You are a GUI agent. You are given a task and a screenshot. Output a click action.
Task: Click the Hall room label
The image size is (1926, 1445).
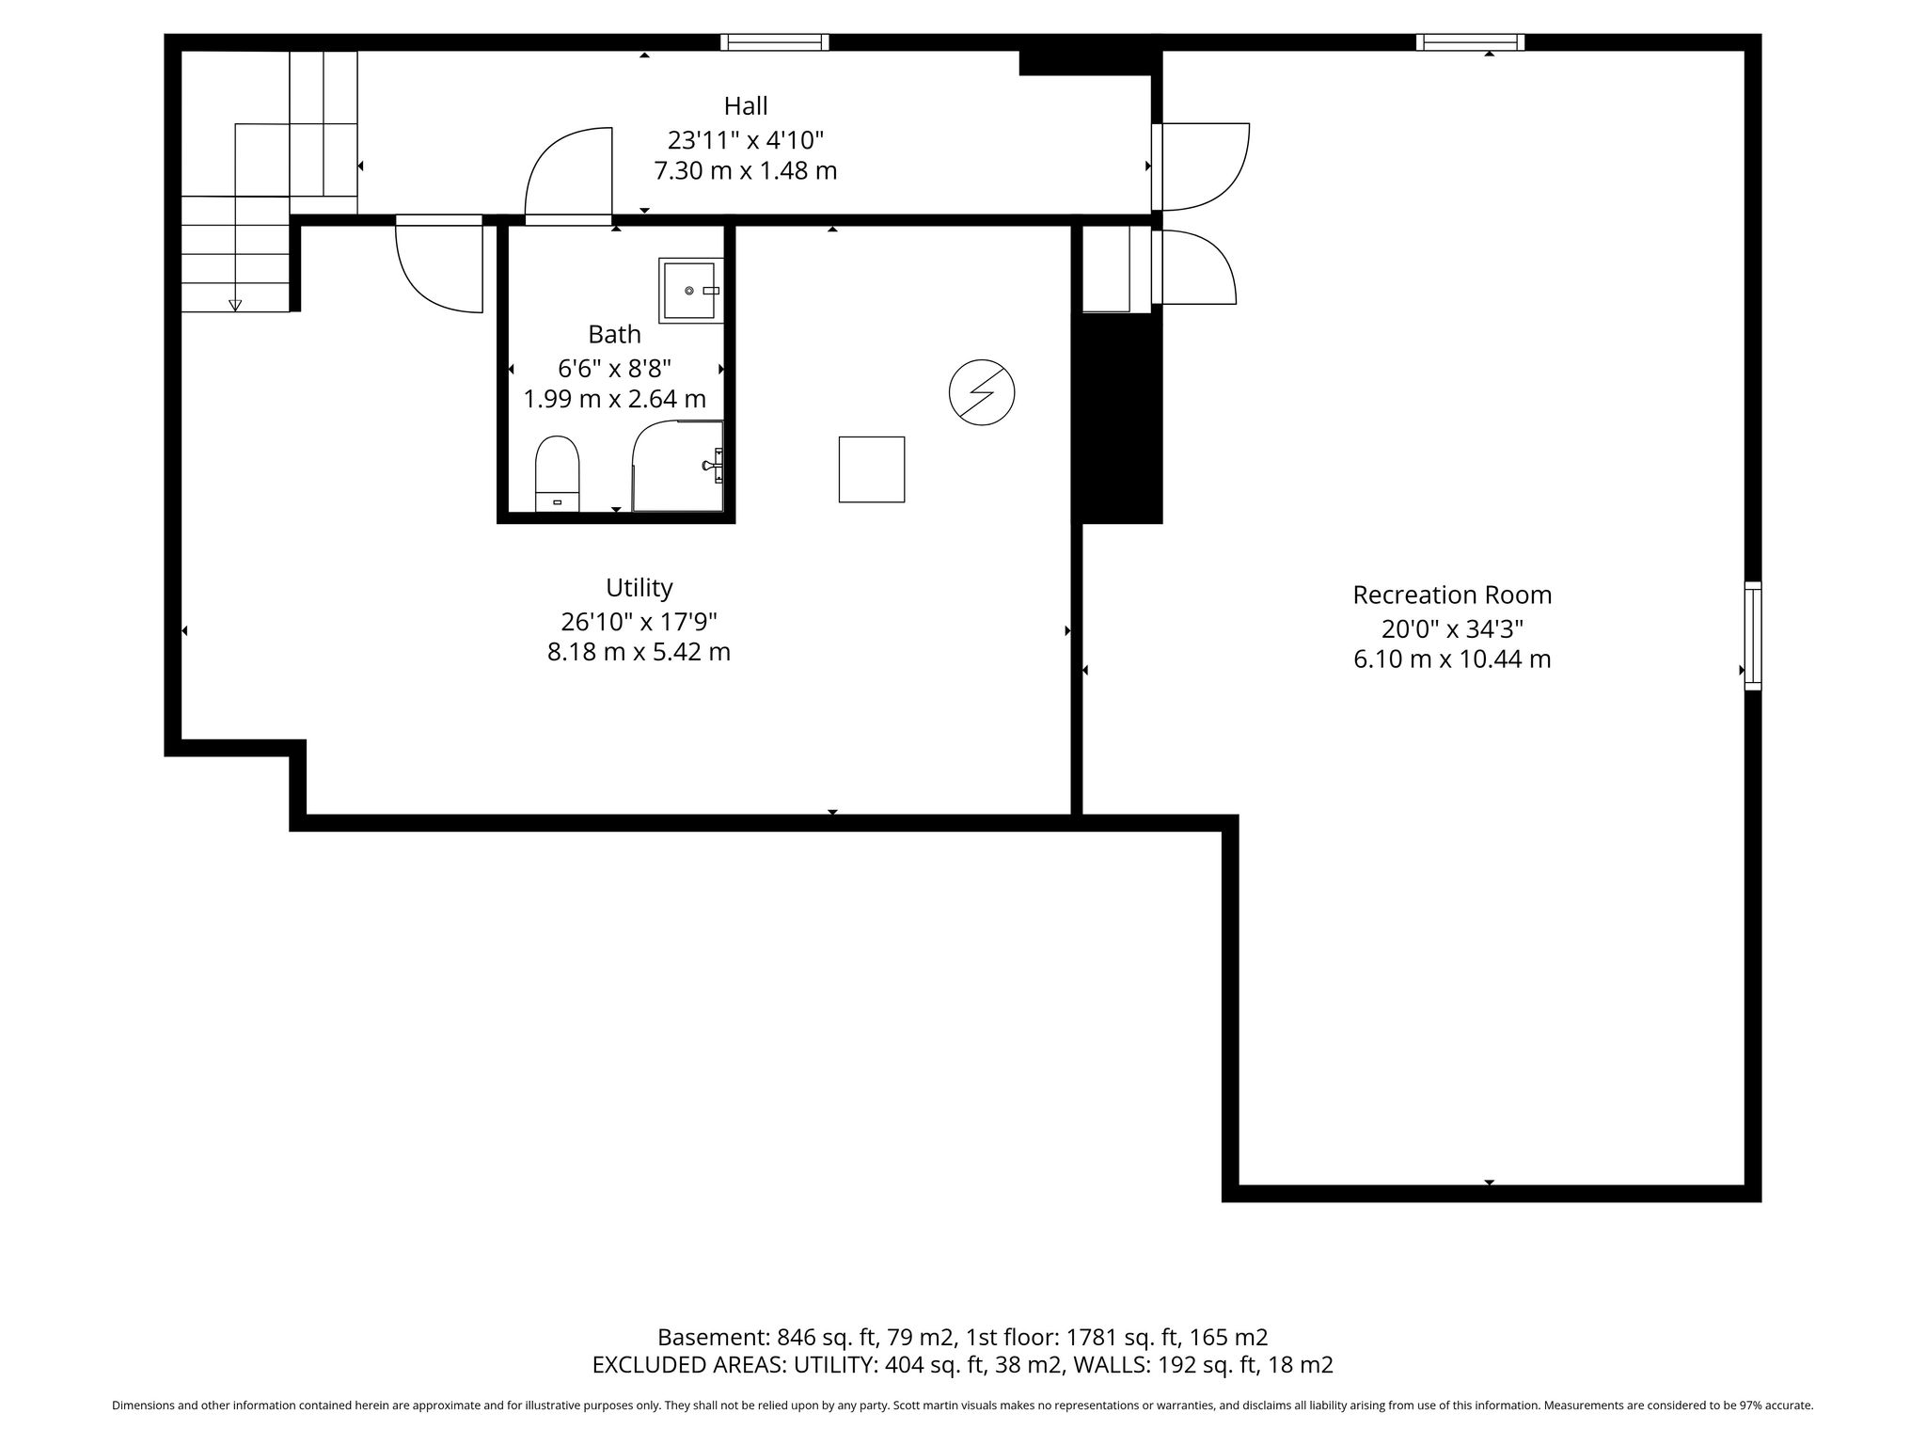pos(746,105)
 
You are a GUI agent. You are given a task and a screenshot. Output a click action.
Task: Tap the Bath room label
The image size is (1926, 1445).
pos(614,334)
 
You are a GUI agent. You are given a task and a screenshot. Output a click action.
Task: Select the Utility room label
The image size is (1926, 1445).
pos(639,588)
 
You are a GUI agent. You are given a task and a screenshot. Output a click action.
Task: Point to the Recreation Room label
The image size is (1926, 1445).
pos(1452,595)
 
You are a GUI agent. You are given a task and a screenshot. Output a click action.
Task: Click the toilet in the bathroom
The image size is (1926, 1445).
pos(557,473)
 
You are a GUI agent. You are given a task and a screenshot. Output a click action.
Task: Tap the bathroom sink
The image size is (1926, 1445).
pos(691,291)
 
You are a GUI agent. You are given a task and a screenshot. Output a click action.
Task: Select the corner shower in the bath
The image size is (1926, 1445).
pos(678,466)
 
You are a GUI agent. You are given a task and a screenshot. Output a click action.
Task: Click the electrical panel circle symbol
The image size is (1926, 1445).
pos(982,392)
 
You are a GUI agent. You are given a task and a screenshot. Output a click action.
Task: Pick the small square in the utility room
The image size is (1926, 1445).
pos(872,469)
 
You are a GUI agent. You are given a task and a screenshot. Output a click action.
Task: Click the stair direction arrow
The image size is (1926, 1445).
pos(235,305)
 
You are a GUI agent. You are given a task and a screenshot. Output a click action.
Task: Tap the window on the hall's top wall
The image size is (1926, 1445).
pos(775,42)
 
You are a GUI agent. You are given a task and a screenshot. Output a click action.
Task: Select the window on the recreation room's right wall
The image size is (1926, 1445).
pos(1753,636)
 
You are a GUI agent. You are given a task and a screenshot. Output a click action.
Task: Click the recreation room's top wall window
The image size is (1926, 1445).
pos(1470,42)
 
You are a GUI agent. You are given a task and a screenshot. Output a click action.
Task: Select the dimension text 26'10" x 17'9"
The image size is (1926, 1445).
pos(639,621)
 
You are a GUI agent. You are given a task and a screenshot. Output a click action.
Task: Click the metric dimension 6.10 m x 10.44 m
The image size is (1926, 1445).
pos(1452,659)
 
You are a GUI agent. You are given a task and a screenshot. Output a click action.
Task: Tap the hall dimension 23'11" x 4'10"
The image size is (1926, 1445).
pos(746,140)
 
